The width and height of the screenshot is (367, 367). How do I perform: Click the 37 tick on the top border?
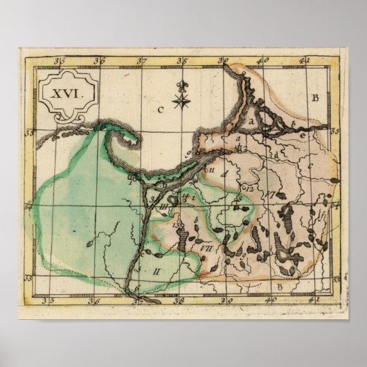tap(143, 60)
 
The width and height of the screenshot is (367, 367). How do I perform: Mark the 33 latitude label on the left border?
tap(28, 278)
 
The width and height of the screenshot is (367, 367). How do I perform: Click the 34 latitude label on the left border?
tap(28, 206)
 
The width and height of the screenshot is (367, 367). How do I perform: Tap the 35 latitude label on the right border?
tap(335, 129)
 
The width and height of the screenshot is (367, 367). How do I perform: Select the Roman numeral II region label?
tap(156, 271)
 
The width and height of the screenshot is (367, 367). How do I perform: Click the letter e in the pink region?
tap(303, 136)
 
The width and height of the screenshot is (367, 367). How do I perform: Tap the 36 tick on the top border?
tap(100, 60)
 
